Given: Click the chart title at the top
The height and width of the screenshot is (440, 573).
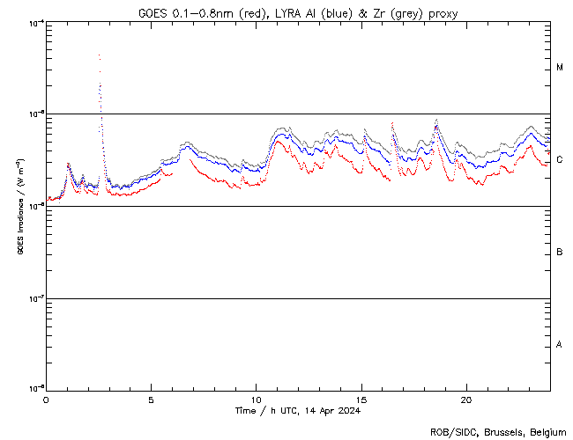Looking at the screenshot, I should coord(298,13).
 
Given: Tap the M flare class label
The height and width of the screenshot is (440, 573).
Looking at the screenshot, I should coord(560,68).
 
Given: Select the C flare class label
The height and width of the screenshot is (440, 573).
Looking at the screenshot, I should coord(560,159).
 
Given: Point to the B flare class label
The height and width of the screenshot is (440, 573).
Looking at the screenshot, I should coord(560,253).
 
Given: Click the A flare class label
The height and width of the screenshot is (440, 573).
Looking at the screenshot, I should coord(560,345).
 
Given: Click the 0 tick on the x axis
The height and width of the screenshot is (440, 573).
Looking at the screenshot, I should coord(46,400).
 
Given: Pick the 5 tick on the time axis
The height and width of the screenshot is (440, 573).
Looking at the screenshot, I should coord(151,400).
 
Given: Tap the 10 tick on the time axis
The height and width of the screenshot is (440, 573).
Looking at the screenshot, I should coord(256,400).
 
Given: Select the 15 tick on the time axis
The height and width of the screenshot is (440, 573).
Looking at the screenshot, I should coord(361,400).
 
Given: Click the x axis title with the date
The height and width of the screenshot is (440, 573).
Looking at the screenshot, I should coord(298,411).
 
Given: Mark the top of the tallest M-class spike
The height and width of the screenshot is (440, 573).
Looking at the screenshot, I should coord(99,55).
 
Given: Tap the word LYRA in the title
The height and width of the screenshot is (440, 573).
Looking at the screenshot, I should coord(289,13).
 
